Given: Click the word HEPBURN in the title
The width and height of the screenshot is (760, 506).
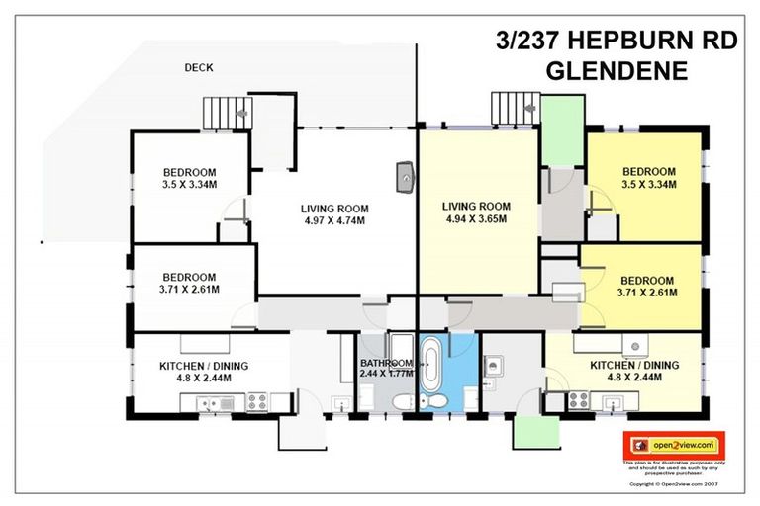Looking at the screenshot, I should coord(635,42).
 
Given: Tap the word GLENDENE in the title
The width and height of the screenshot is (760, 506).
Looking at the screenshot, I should coord(616,71).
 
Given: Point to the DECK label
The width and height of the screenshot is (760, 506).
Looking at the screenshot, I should coord(199,68).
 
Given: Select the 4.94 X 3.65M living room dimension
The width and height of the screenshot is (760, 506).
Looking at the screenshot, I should coord(476,218).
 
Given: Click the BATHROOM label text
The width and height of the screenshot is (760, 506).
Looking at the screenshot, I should coord(386,363).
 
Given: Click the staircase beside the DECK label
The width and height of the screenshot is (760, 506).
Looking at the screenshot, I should coord(226,114).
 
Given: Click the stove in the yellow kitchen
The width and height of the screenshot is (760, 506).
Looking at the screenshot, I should coord(578,400).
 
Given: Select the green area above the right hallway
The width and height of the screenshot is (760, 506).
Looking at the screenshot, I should coord(562,129).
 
